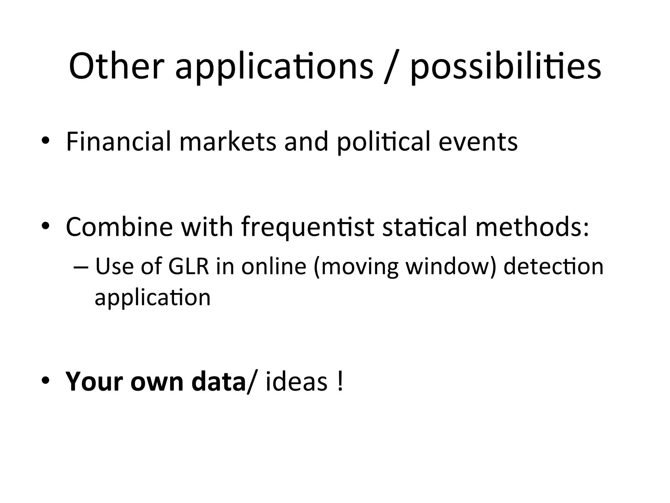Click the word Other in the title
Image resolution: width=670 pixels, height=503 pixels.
pyautogui.click(x=116, y=66)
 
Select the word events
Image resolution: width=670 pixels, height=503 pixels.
pyautogui.click(x=478, y=142)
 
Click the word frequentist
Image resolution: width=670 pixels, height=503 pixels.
pyautogui.click(x=308, y=227)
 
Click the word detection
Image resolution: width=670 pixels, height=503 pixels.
pyautogui.click(x=553, y=267)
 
